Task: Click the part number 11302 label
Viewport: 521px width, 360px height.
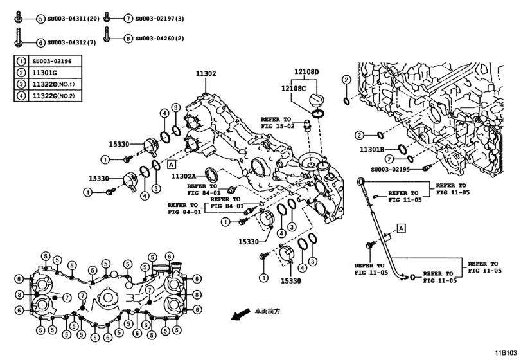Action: coord(206,74)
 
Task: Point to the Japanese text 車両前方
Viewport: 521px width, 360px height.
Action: coord(267,310)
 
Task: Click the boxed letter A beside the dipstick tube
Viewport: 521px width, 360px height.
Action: coord(401,228)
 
